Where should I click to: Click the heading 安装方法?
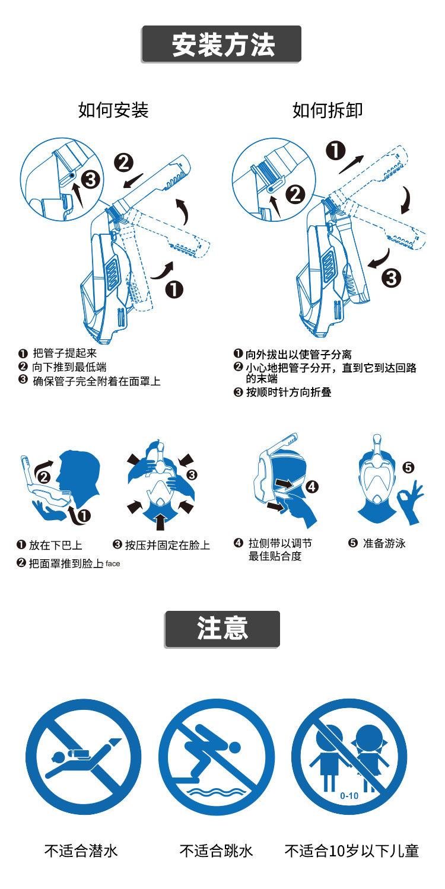tap(222, 45)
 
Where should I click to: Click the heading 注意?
tap(222, 629)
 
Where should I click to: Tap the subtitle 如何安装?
tap(113, 110)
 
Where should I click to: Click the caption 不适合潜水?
tap(81, 851)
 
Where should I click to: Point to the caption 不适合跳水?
tap(216, 851)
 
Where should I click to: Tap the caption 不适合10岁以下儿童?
tap(352, 851)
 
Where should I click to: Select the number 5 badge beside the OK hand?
tap(408, 468)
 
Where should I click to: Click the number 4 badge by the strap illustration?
tap(312, 487)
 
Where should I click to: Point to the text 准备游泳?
tap(384, 543)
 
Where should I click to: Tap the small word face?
tap(113, 564)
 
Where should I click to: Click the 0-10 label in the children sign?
tap(349, 796)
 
